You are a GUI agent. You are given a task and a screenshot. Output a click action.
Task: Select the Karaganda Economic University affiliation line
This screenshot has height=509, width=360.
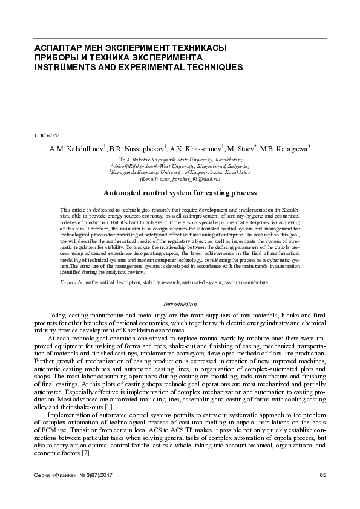coord(180,172)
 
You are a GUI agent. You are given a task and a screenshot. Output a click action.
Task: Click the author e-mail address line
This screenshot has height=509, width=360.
coord(180,179)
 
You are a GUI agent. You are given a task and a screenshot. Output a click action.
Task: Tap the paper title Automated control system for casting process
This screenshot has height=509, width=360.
coord(180,193)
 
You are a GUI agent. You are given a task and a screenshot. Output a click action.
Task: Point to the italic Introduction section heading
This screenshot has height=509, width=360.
coord(180,305)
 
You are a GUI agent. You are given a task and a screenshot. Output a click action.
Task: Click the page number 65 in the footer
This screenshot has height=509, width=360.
coord(322,474)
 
